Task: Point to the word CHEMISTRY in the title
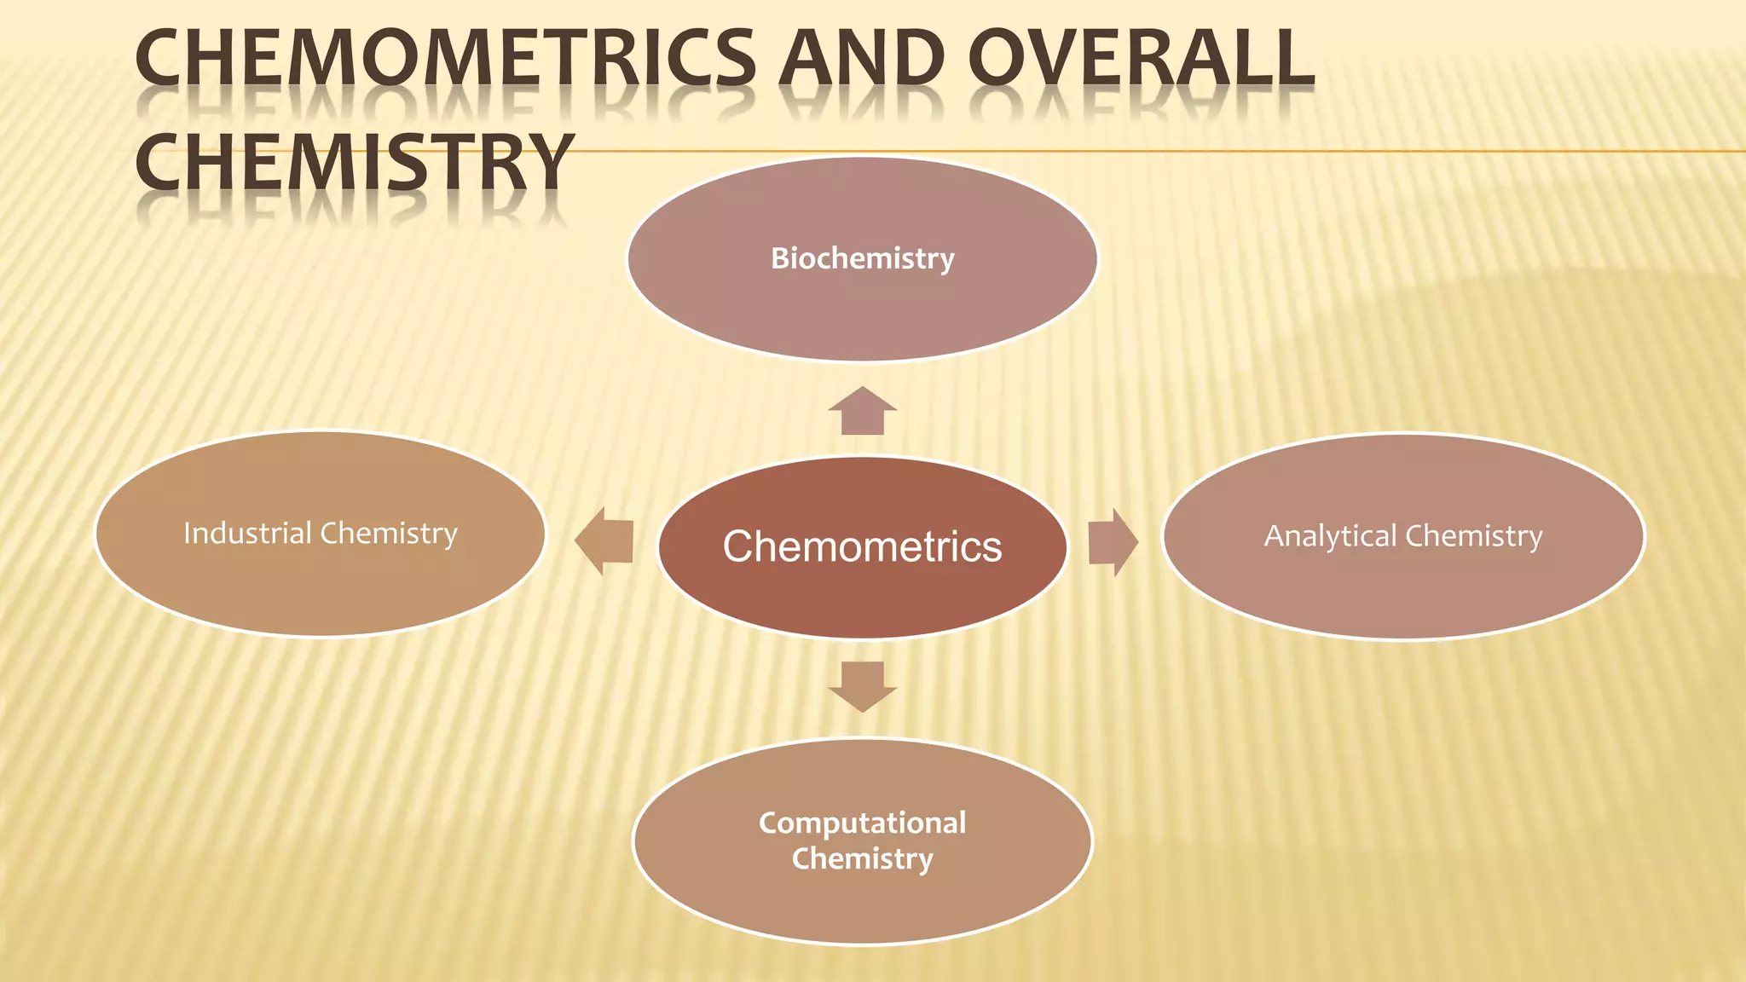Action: (354, 162)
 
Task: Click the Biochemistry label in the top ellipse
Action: (862, 258)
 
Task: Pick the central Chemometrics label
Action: (862, 546)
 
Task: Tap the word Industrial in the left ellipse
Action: (247, 533)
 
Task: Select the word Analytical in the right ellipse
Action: (1330, 536)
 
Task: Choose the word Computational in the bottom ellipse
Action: (862, 823)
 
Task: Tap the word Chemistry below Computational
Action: (862, 858)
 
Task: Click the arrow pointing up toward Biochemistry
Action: (862, 412)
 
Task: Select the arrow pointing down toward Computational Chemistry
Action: (862, 685)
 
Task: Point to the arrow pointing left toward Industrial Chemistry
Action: (604, 540)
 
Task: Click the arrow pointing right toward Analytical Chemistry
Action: (1112, 542)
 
